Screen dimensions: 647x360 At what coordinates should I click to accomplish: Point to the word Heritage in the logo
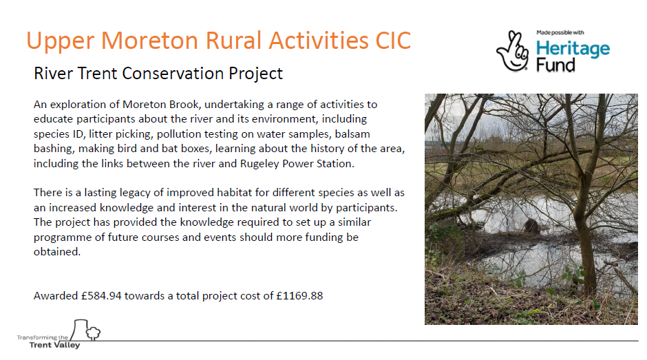tap(573, 50)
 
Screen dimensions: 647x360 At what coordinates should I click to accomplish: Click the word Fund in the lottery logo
tap(555, 65)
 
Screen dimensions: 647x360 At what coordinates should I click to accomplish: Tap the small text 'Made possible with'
tap(560, 32)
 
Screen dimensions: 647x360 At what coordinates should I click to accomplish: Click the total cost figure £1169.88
tap(299, 295)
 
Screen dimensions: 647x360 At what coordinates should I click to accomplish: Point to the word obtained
tap(57, 251)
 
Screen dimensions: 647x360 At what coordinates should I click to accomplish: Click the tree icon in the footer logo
tap(93, 332)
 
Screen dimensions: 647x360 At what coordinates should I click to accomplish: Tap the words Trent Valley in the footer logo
tap(54, 345)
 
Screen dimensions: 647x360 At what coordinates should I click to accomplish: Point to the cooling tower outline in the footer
tap(79, 330)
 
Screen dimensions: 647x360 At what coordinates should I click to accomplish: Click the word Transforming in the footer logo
tap(37, 337)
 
